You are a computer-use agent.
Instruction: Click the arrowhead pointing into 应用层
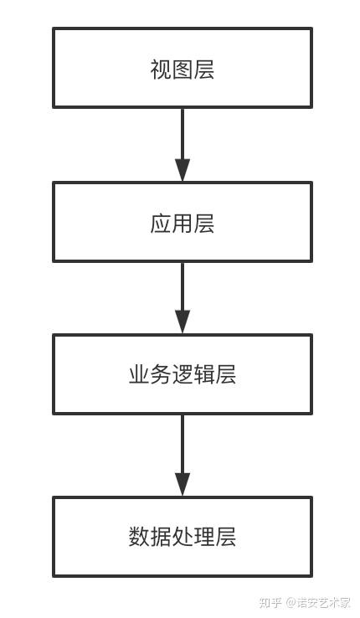pyautogui.click(x=183, y=169)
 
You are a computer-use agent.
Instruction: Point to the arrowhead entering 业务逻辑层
pyautogui.click(x=183, y=322)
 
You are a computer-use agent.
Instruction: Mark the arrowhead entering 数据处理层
pyautogui.click(x=183, y=484)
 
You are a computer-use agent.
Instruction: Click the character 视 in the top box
pyautogui.click(x=161, y=69)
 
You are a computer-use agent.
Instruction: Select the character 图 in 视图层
pyautogui.click(x=183, y=69)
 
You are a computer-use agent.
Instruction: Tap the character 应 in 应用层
pyautogui.click(x=161, y=224)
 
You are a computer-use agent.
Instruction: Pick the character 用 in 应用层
pyautogui.click(x=183, y=224)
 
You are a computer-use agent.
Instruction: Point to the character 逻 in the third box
pyautogui.click(x=183, y=374)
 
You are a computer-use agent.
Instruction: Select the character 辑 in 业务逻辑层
pyautogui.click(x=204, y=374)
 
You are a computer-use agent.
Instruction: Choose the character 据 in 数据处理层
pyautogui.click(x=161, y=537)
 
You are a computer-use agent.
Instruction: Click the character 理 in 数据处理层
pyautogui.click(x=204, y=537)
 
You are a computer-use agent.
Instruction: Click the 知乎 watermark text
pyautogui.click(x=270, y=602)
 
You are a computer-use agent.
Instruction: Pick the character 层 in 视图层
pyautogui.click(x=204, y=69)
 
